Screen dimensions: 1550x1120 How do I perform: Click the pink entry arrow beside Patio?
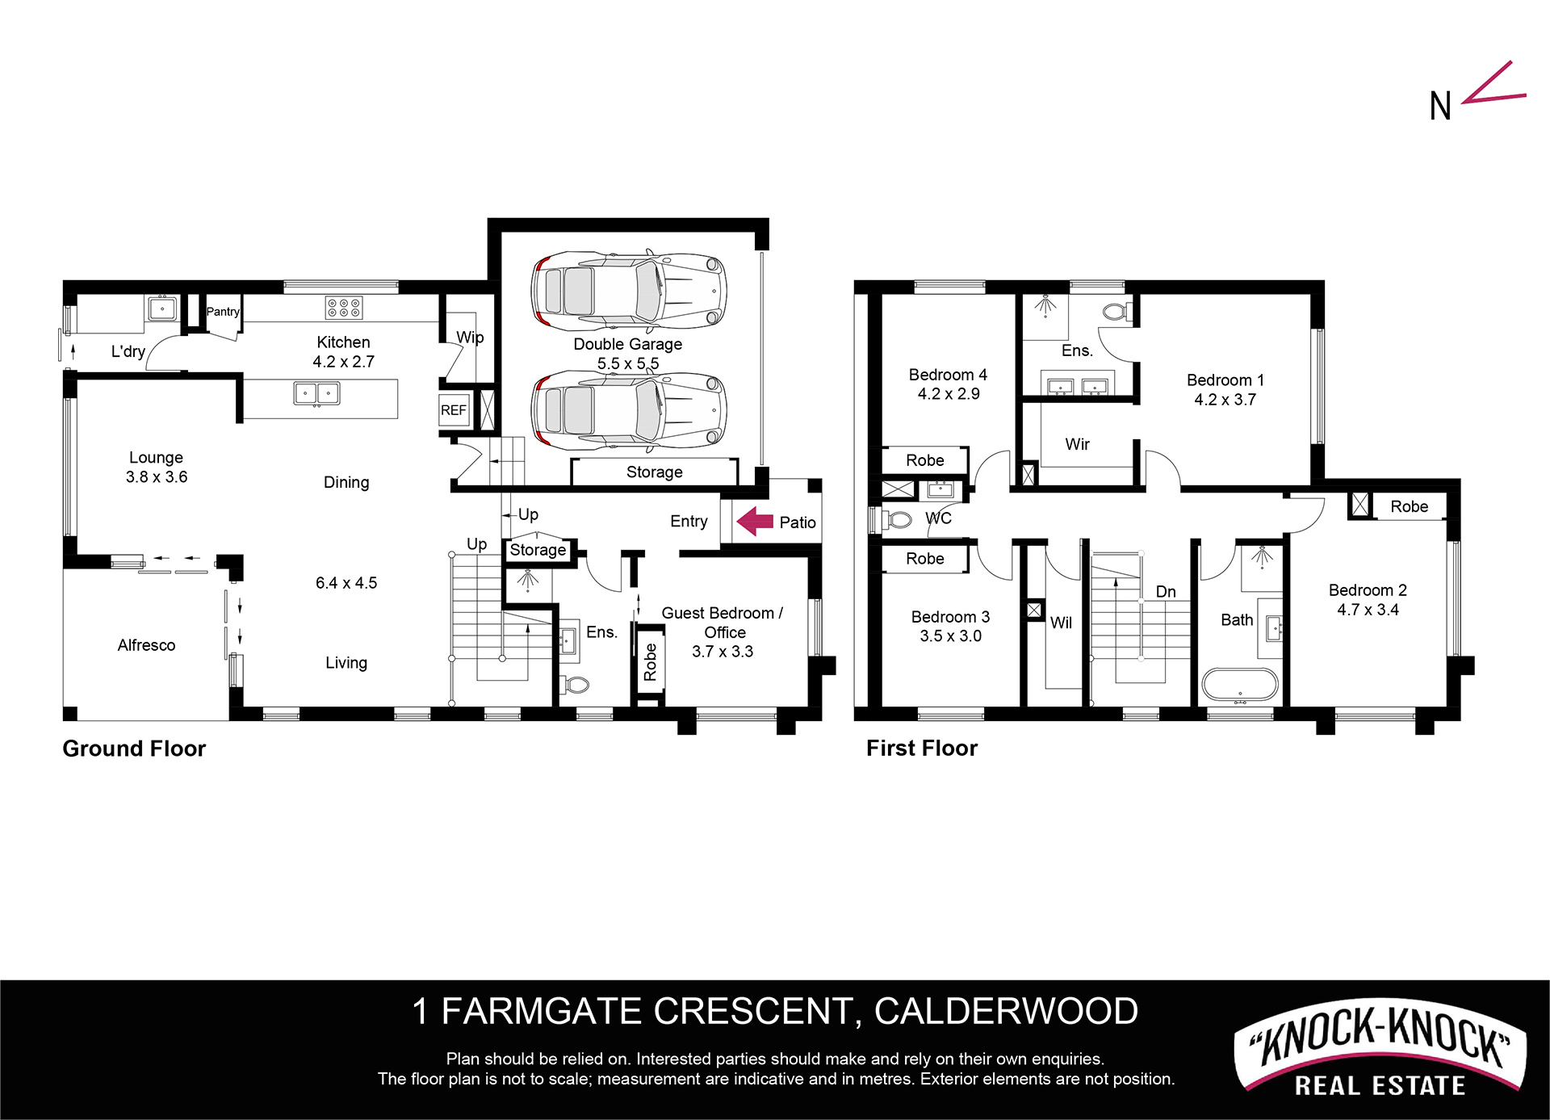click(755, 521)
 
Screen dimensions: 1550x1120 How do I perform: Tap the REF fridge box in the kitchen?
click(454, 410)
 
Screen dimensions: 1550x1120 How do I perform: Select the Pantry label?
click(223, 312)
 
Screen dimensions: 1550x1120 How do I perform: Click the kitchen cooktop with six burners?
click(344, 308)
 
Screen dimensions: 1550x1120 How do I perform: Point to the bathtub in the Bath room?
click(1240, 685)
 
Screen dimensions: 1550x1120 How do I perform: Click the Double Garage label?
click(628, 344)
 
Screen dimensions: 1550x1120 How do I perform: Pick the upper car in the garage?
click(629, 290)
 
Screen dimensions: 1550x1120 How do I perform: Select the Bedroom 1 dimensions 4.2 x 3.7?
click(1225, 400)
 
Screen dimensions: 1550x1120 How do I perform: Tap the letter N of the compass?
click(1440, 106)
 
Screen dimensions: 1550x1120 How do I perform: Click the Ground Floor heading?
click(134, 749)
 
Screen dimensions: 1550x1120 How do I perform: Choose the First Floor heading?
click(922, 748)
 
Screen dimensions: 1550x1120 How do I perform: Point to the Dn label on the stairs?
click(1166, 592)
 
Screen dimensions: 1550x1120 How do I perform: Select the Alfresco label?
click(146, 645)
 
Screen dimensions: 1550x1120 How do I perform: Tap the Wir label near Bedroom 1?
click(1078, 444)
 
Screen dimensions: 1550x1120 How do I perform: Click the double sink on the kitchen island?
click(316, 394)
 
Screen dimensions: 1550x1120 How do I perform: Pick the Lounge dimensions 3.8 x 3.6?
click(157, 477)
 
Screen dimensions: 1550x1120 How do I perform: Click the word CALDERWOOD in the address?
click(1006, 1011)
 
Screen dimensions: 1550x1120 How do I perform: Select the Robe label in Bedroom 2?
click(1410, 506)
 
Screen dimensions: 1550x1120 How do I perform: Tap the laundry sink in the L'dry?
click(162, 308)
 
